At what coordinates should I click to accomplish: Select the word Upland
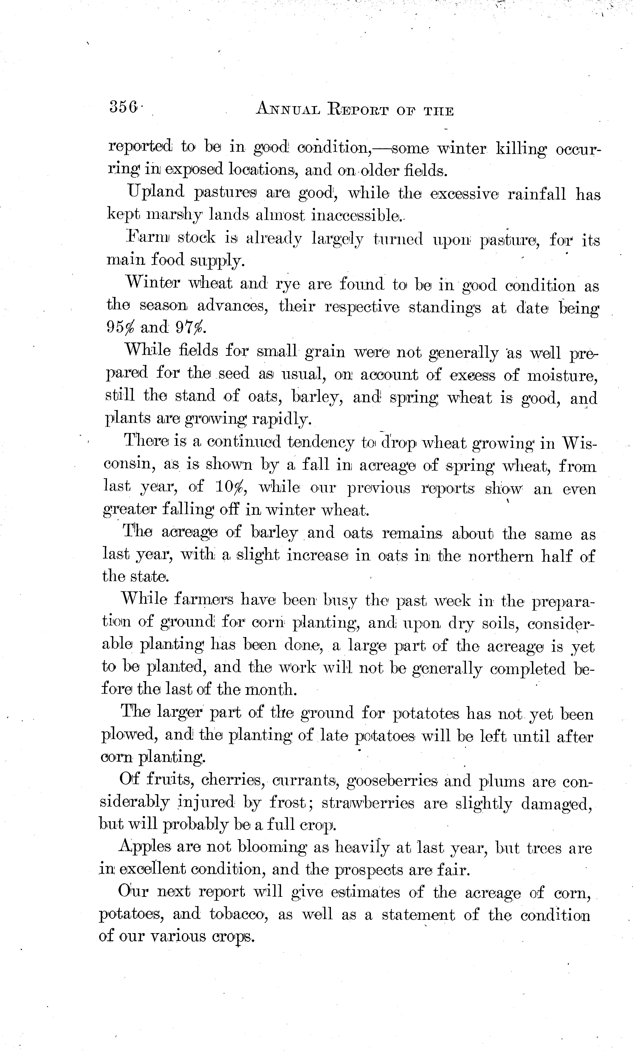click(x=156, y=193)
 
